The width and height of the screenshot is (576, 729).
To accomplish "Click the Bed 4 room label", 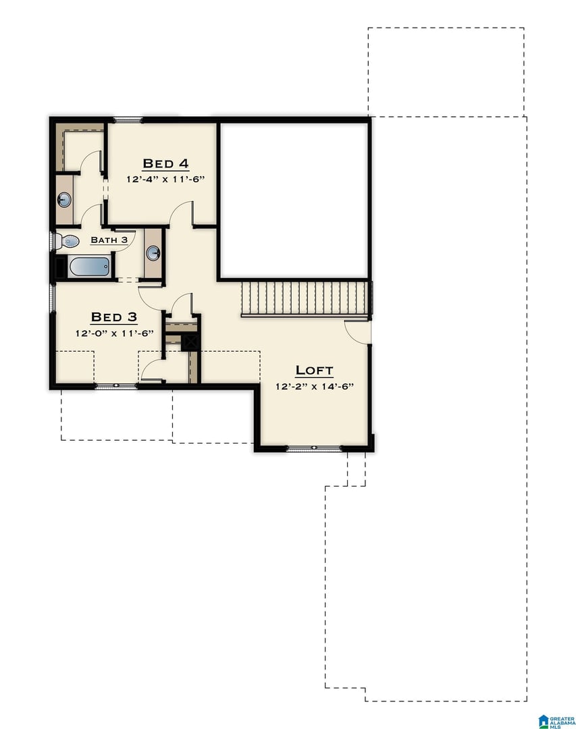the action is [165, 163].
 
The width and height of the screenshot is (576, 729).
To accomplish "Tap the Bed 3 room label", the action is [114, 317].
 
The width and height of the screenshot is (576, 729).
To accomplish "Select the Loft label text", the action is [315, 371].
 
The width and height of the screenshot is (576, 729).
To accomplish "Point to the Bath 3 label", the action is [109, 240].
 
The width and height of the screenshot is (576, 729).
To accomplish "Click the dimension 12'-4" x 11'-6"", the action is [165, 179].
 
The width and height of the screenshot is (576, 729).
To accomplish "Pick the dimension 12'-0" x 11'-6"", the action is [114, 333].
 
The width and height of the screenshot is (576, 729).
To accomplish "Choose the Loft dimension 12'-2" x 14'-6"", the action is [315, 386].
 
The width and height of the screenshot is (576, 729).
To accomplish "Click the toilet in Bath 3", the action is [68, 241].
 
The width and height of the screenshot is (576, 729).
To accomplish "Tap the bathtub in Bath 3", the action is [89, 267].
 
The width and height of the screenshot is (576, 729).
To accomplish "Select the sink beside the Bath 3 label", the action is [153, 253].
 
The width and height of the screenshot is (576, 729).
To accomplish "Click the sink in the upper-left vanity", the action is [64, 200].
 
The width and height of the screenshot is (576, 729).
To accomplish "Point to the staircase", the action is [306, 299].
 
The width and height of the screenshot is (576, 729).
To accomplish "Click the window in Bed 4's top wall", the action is [128, 120].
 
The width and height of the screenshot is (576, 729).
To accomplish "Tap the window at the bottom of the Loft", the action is [314, 448].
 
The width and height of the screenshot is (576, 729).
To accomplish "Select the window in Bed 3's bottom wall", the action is [116, 386].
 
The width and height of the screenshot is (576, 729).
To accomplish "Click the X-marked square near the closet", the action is [190, 342].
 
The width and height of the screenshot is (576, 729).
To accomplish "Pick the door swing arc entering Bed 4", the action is [180, 211].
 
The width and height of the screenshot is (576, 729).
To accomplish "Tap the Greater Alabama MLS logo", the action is [556, 721].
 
